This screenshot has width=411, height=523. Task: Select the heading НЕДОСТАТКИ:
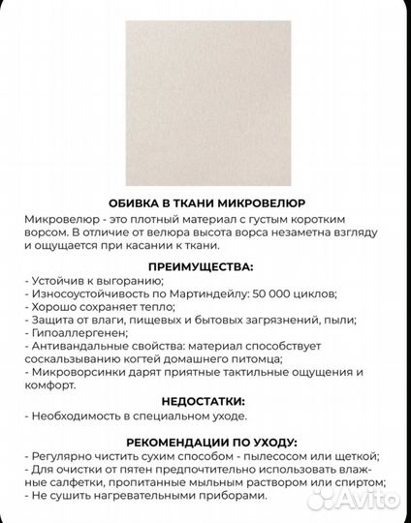[x=205, y=399]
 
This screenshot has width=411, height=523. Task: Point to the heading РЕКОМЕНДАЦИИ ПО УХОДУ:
[x=205, y=439]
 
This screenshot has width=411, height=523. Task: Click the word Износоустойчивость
[x=87, y=293]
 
